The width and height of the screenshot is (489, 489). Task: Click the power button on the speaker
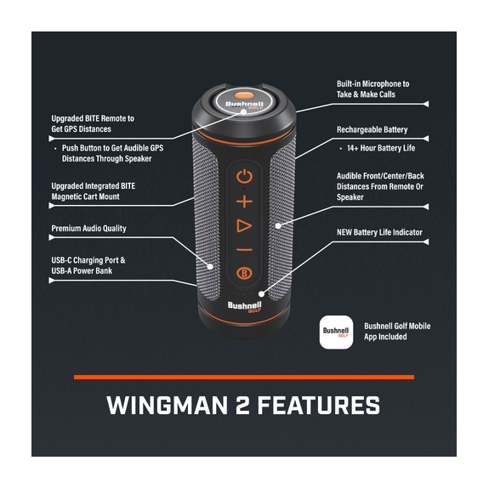coord(244,177)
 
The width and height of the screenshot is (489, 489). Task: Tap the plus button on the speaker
coord(244,202)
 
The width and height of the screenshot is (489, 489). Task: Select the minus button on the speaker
coord(244,249)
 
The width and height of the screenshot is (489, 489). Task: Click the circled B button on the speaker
coord(244,274)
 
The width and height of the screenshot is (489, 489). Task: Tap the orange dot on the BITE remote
coord(244,96)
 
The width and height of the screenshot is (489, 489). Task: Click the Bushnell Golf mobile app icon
coord(336,332)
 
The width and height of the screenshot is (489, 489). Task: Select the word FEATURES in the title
coord(319,405)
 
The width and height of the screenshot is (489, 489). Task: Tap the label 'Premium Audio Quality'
coord(88,229)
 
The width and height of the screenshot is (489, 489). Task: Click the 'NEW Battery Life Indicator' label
coord(379,232)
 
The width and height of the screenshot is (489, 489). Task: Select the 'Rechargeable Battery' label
coord(372,130)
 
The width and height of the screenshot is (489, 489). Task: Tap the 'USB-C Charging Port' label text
coord(88,260)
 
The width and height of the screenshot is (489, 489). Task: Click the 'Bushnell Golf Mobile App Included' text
coord(397,331)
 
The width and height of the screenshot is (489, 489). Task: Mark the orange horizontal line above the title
coord(244,377)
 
